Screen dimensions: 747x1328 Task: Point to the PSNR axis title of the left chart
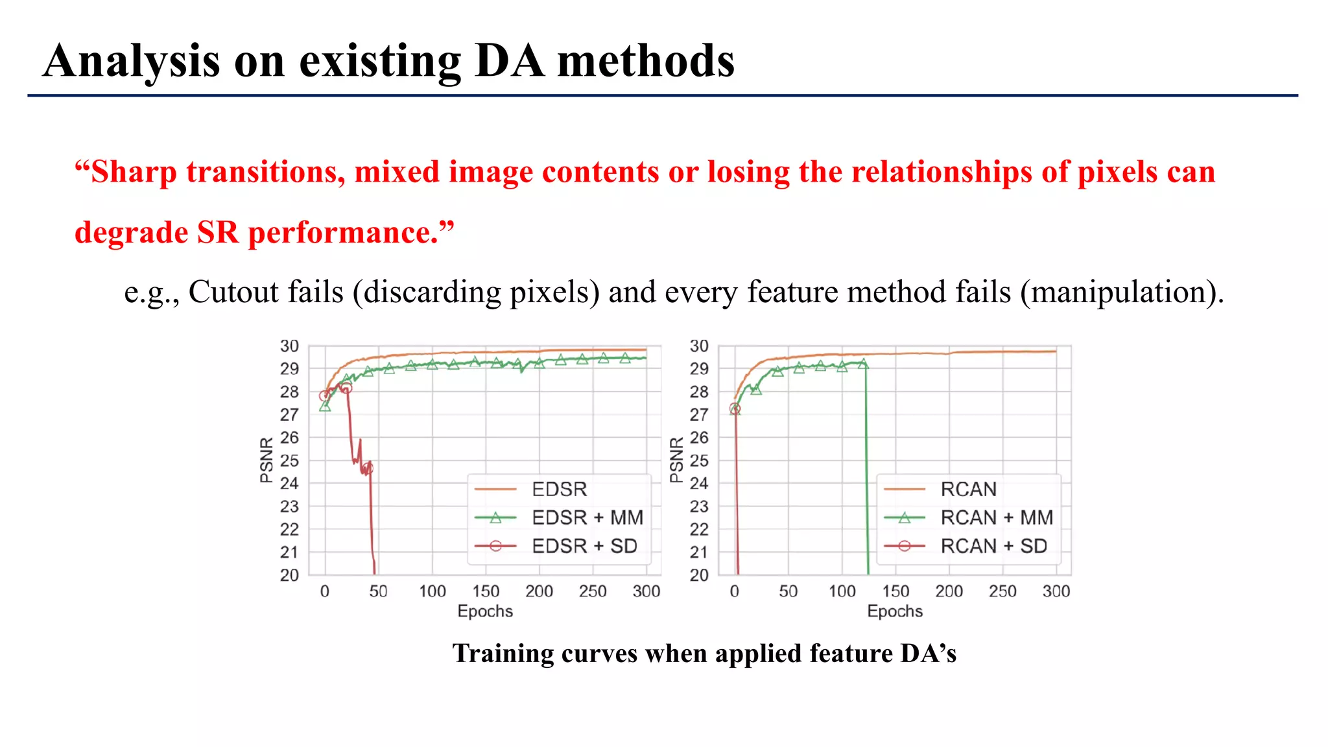coord(266,460)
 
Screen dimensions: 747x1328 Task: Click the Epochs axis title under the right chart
coord(894,611)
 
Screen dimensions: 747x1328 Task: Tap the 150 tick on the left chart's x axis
coord(486,591)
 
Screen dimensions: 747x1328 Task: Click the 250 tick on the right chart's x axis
coord(1002,591)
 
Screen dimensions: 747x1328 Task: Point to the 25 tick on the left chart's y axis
coord(289,460)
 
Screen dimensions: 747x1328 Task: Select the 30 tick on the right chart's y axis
coord(699,346)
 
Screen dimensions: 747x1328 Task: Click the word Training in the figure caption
coord(503,653)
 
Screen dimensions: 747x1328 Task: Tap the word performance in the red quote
coord(344,233)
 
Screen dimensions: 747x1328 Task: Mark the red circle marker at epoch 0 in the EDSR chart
coord(324,396)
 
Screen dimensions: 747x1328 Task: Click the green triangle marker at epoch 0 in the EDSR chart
coord(325,407)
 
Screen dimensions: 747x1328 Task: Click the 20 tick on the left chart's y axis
coord(289,575)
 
